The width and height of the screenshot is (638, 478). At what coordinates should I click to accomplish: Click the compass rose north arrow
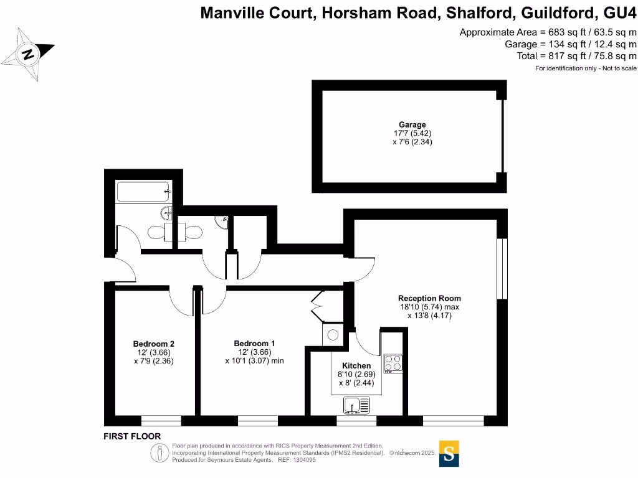click(28, 54)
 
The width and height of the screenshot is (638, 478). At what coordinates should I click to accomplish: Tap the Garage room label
click(412, 124)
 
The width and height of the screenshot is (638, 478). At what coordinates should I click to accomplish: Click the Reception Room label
click(429, 298)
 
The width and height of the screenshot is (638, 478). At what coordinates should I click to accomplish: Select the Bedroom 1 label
click(254, 344)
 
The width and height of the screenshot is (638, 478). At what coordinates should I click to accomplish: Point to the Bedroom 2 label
click(153, 344)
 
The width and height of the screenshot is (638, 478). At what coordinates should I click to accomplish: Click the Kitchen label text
click(356, 365)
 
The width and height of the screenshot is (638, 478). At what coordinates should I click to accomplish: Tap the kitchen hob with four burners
click(393, 363)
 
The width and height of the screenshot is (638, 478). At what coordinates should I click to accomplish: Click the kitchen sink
click(356, 406)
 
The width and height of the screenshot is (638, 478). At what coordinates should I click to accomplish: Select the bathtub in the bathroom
click(143, 191)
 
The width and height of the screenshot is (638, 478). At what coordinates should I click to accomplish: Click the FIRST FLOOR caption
click(132, 437)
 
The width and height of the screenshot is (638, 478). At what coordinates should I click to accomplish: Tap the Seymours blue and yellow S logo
click(450, 453)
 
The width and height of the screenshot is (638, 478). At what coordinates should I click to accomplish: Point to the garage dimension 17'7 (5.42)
click(412, 133)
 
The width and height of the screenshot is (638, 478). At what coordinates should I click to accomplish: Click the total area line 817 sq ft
click(577, 56)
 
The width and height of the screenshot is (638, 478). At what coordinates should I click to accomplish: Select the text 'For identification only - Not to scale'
click(586, 68)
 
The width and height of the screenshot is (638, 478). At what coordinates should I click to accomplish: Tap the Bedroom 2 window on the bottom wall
click(161, 421)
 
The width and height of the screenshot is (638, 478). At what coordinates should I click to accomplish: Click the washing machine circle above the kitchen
click(331, 334)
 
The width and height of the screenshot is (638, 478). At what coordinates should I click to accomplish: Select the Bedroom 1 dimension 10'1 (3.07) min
click(254, 360)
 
